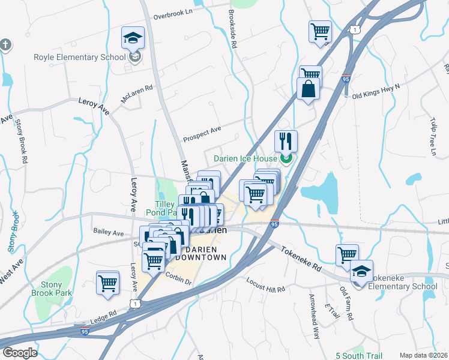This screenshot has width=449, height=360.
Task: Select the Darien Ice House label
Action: click(x=244, y=158)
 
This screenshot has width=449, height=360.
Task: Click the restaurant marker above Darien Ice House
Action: click(x=286, y=141)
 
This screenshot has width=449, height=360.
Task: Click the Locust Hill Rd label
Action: click(x=266, y=285)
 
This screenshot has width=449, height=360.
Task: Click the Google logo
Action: click(x=20, y=353)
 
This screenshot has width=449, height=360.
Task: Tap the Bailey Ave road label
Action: click(x=108, y=232)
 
